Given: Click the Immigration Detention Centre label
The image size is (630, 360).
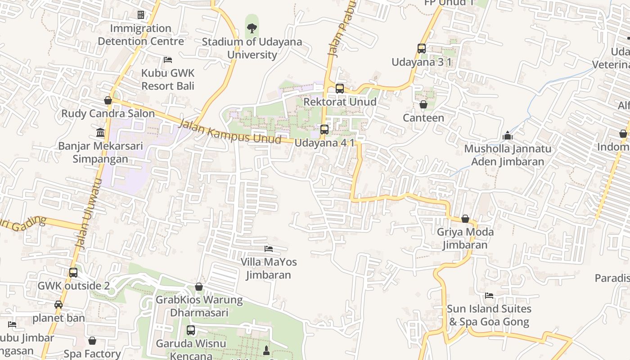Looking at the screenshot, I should (141, 35).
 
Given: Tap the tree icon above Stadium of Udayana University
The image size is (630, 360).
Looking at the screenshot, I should (252, 29).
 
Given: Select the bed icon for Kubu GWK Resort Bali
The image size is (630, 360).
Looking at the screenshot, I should (168, 59).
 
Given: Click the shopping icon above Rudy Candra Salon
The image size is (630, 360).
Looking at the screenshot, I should (108, 100).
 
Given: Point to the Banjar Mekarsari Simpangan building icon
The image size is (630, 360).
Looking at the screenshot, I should (100, 133).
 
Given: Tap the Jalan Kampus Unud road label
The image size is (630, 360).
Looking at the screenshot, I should (229, 132).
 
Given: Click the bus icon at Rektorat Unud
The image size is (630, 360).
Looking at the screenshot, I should (340, 89).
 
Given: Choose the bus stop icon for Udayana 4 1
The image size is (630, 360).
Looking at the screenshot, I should (324, 130).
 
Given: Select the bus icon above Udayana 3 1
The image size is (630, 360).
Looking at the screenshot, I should (422, 49).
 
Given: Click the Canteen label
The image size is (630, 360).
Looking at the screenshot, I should (423, 118).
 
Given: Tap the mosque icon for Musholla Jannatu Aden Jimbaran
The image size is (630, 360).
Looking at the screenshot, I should (508, 135).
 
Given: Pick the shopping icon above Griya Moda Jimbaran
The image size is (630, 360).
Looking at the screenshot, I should (465, 219).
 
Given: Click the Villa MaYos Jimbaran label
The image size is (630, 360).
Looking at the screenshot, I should (269, 268).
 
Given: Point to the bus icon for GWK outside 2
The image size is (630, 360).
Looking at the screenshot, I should (73, 273).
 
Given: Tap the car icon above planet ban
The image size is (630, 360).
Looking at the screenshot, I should (58, 305).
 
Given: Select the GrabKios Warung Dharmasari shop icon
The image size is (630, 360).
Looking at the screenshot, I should (199, 287).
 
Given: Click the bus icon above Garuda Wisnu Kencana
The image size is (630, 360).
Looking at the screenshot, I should (191, 330).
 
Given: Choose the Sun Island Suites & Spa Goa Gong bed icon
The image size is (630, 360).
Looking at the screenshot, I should (489, 296).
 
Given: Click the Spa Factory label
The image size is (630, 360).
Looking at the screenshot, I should (92, 354).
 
